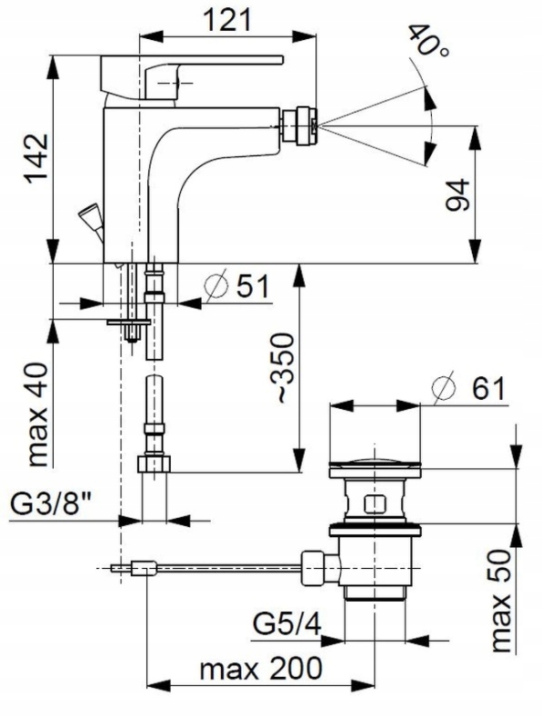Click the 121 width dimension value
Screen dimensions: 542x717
coord(227,21)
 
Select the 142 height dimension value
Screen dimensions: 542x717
coord(36,159)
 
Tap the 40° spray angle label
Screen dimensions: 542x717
coord(427,41)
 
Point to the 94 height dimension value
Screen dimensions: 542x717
coord(457,194)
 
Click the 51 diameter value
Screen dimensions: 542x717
coord(253,287)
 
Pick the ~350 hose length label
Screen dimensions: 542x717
coord(282,369)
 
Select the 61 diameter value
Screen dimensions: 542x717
coord(488,389)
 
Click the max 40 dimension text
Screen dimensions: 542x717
coord(37,414)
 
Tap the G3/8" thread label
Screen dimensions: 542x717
coord(51,504)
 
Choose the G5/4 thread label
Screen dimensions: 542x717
coord(287,623)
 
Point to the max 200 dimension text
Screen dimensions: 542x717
coord(261,670)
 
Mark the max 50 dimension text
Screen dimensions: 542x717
coord(500,601)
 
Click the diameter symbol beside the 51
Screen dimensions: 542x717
coord(216,285)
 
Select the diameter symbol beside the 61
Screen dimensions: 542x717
coord(444,388)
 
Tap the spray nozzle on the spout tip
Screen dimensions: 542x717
coord(298,125)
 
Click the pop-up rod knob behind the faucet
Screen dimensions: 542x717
coord(91,221)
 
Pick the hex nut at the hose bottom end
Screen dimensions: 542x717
coord(154,463)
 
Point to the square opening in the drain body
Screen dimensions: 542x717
coord(374,504)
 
